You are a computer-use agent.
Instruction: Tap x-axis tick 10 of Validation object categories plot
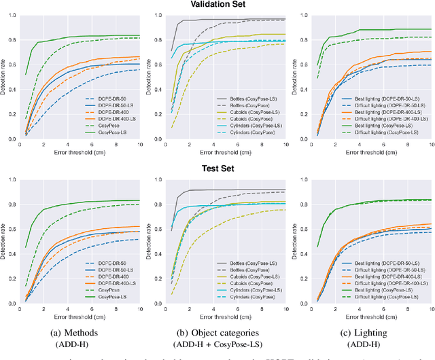pyautogui.click(x=284, y=145)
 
